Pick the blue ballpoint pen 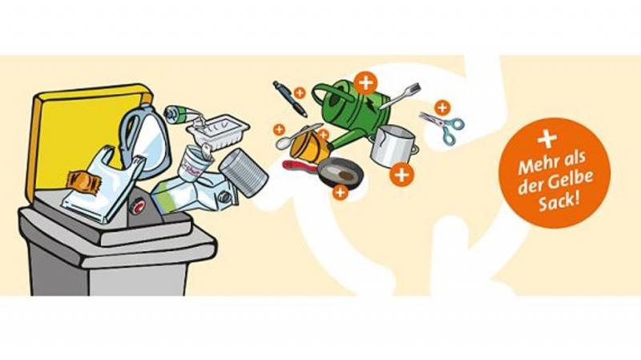289,99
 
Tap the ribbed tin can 244,172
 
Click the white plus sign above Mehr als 547,139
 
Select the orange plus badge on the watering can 365,83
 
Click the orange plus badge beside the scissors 442,108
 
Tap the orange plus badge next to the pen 300,93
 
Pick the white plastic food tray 219,131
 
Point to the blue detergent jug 144,137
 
